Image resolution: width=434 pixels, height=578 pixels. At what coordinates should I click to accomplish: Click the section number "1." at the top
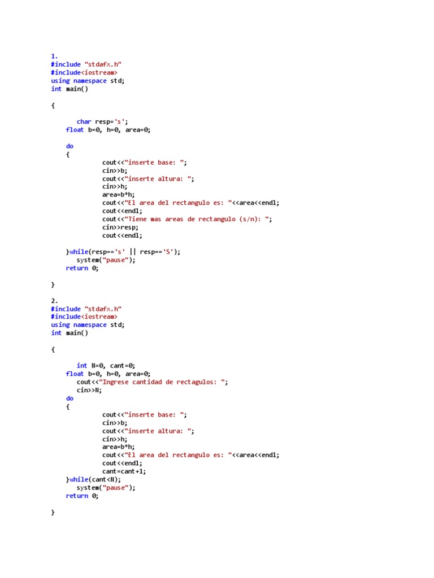(54, 56)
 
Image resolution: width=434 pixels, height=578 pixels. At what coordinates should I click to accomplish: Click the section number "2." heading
(54, 301)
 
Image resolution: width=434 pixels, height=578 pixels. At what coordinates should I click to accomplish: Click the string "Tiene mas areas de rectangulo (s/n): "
(198, 219)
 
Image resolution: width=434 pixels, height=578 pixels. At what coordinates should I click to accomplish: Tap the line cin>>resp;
(120, 227)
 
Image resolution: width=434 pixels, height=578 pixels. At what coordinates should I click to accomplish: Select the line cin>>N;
(89, 390)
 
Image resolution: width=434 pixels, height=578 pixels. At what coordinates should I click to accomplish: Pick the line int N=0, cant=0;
(106, 366)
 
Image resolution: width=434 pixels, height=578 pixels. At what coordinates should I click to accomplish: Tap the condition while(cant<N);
(95, 480)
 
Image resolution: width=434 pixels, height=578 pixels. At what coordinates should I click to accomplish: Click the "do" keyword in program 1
(70, 146)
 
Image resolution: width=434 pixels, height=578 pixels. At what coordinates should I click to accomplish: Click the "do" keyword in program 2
(70, 399)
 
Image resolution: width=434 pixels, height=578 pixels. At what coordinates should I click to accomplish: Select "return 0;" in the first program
(82, 268)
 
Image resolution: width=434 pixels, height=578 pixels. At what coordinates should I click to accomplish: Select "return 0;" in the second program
(82, 496)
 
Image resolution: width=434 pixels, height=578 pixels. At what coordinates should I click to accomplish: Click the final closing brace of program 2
(53, 513)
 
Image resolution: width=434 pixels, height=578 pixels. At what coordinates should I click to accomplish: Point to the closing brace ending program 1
(53, 285)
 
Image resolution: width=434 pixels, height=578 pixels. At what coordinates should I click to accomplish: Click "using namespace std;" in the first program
(88, 81)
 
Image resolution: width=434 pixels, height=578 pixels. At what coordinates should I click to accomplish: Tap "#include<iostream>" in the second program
(84, 317)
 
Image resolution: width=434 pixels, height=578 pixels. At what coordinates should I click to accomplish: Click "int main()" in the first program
(70, 89)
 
